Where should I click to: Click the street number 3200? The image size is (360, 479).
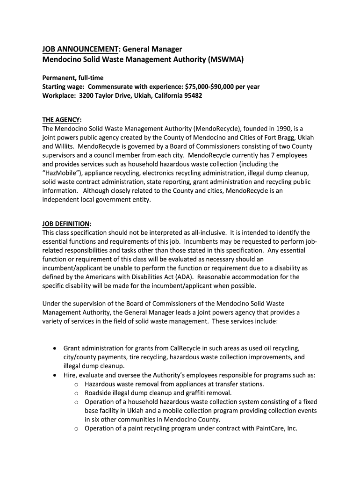click(x=88, y=95)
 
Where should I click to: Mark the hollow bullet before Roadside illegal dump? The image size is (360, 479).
click(x=76, y=393)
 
